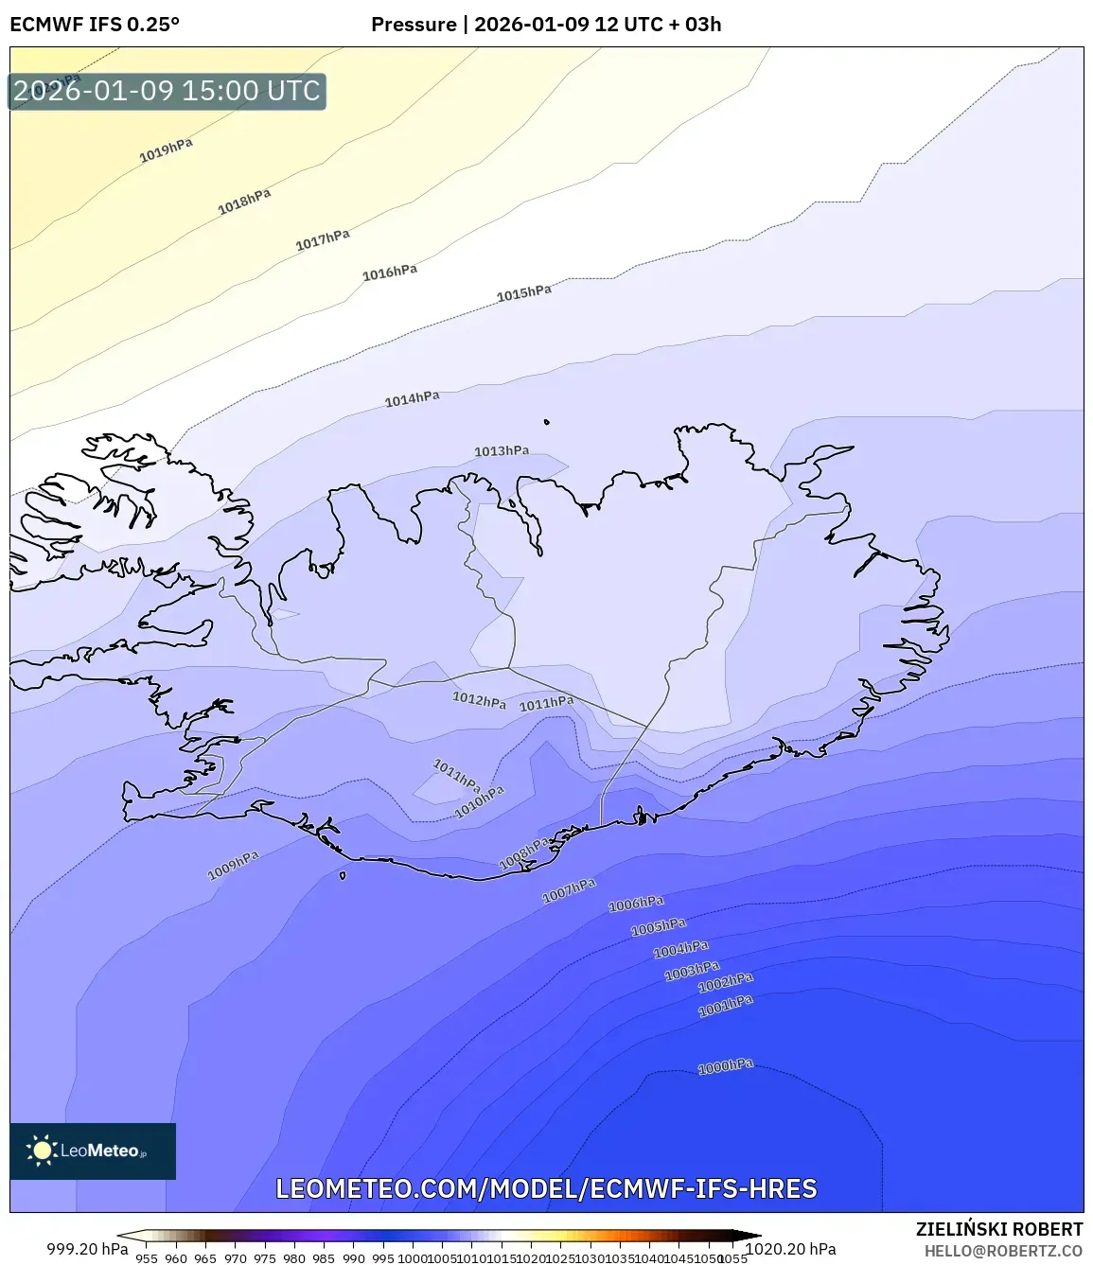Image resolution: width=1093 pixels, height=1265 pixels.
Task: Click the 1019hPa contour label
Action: click(166, 149)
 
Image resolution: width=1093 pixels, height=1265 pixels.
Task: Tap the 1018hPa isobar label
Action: click(244, 201)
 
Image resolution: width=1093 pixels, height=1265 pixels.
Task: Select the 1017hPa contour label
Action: click(323, 239)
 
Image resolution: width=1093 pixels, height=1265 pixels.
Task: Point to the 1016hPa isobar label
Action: click(390, 272)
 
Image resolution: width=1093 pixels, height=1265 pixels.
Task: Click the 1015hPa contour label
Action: click(524, 292)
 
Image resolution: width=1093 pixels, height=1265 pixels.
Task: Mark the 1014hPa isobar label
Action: click(412, 399)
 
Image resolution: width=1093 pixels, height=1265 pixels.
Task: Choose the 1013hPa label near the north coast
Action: click(502, 451)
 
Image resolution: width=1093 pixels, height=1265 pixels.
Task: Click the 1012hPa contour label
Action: click(479, 700)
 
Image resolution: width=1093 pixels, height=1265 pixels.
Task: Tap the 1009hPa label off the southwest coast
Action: click(233, 865)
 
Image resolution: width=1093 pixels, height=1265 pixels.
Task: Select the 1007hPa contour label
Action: click(569, 890)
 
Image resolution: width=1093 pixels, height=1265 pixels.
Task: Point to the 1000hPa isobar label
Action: click(726, 1066)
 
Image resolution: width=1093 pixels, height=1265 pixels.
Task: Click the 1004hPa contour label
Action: click(680, 949)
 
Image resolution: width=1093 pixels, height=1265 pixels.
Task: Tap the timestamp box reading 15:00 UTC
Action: click(167, 91)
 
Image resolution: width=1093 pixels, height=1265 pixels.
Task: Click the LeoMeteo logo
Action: click(93, 1151)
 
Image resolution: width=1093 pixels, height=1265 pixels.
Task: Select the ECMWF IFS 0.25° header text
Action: click(95, 25)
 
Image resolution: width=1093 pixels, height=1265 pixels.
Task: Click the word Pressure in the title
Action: click(414, 25)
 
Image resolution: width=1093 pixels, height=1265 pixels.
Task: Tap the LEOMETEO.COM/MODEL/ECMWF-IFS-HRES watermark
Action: click(546, 1188)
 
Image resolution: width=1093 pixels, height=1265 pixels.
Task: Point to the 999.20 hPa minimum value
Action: click(87, 1249)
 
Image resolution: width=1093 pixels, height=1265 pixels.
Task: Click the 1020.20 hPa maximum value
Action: click(791, 1249)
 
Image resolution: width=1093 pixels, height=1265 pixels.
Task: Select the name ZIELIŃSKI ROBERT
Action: click(999, 1229)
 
